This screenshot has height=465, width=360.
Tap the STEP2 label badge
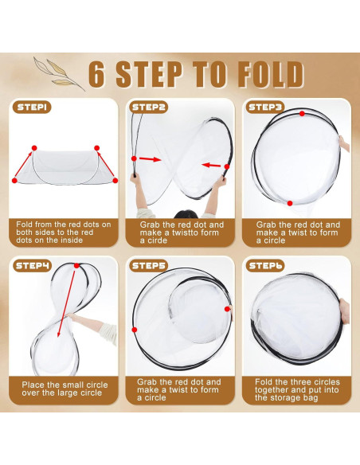pyautogui.click(x=149, y=107)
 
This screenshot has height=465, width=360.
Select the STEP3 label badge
pyautogui.click(x=265, y=107)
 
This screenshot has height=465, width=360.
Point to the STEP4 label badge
pyautogui.click(x=33, y=265)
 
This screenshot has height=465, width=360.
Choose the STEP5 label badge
pyautogui.click(x=149, y=265)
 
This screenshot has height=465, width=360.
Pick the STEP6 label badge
pyautogui.click(x=265, y=265)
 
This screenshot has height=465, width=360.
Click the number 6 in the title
pyautogui.click(x=97, y=73)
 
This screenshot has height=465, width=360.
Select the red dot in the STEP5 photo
pyautogui.click(x=228, y=309)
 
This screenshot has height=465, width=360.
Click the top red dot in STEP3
pyautogui.click(x=302, y=114)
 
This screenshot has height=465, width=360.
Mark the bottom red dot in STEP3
pyautogui.click(x=290, y=203)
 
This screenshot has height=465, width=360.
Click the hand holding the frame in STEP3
pyautogui.click(x=345, y=144)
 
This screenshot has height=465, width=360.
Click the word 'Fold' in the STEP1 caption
pyautogui.click(x=25, y=225)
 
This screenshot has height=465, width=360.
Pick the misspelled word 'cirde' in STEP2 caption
pyautogui.click(x=158, y=240)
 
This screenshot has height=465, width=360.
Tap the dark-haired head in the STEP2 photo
pyautogui.click(x=185, y=215)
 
